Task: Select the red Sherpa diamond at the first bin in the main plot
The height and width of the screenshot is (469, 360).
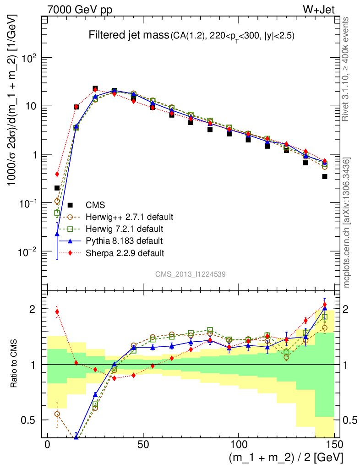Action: [x=57, y=174]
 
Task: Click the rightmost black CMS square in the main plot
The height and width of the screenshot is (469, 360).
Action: [x=324, y=176]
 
